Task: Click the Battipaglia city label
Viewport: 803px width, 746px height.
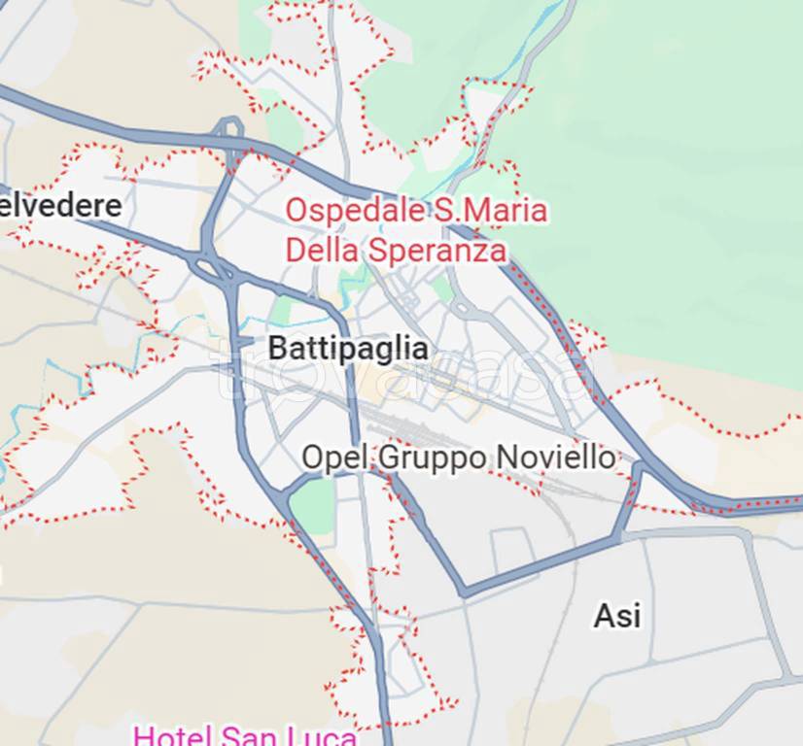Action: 347,349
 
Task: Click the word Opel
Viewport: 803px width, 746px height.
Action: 335,458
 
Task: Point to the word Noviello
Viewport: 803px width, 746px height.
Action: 555,458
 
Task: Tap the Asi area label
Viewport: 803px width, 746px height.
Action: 617,615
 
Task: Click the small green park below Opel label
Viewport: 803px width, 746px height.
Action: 314,505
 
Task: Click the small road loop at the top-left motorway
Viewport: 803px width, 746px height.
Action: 229,126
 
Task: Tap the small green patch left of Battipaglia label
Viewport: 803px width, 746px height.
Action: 281,311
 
